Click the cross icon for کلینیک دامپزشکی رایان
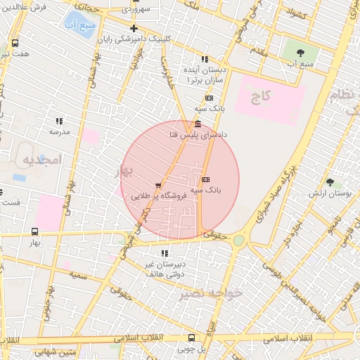coord(134,29)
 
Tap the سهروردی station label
coord(135,10)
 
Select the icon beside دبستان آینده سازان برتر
coord(205,60)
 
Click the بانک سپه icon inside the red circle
coord(205,179)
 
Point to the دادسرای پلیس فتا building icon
coord(196,124)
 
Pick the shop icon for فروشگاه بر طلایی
coord(157,186)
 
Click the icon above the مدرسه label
coord(60,121)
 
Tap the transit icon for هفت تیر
coord(15,43)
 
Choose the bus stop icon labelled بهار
coord(35,231)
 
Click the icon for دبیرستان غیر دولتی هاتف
coord(165,253)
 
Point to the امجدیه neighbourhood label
coord(42,160)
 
